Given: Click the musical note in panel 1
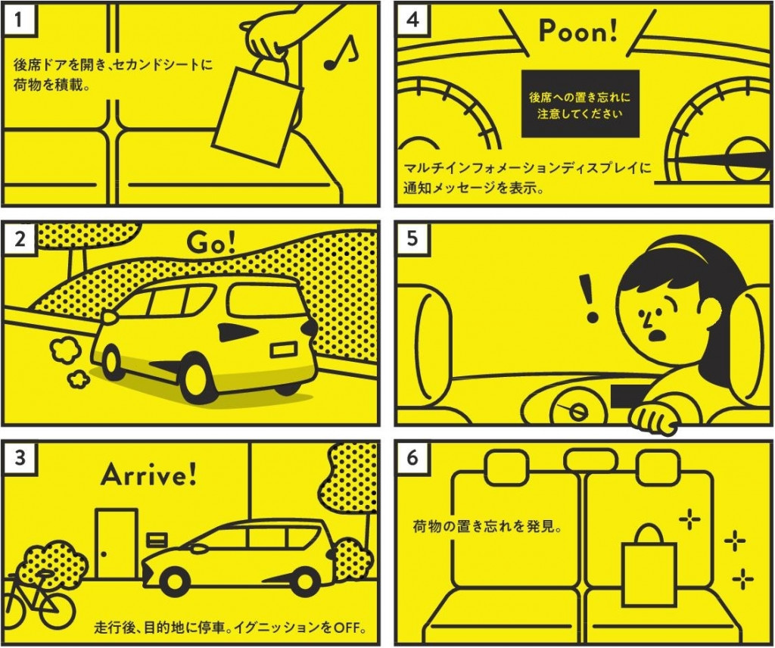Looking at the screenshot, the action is pos(340,52).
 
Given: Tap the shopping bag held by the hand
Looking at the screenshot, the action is pos(258,114).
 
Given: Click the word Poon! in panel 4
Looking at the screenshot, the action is pos(577,31).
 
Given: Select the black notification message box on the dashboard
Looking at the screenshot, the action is pos(580,103).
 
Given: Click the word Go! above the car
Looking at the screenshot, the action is pos(211,242).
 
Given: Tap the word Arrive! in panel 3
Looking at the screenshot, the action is pos(148,475).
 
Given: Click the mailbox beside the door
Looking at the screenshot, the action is pos(157,539).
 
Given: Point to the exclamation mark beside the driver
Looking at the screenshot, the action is pos(588,298).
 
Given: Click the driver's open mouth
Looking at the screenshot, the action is pos(658,335).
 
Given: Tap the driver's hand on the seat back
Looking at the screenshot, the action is pos(653,420).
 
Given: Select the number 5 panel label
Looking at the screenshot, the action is pos(412,238).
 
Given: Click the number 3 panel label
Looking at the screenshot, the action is pos(20,458).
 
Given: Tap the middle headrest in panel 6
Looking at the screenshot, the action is pos(591,460).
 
